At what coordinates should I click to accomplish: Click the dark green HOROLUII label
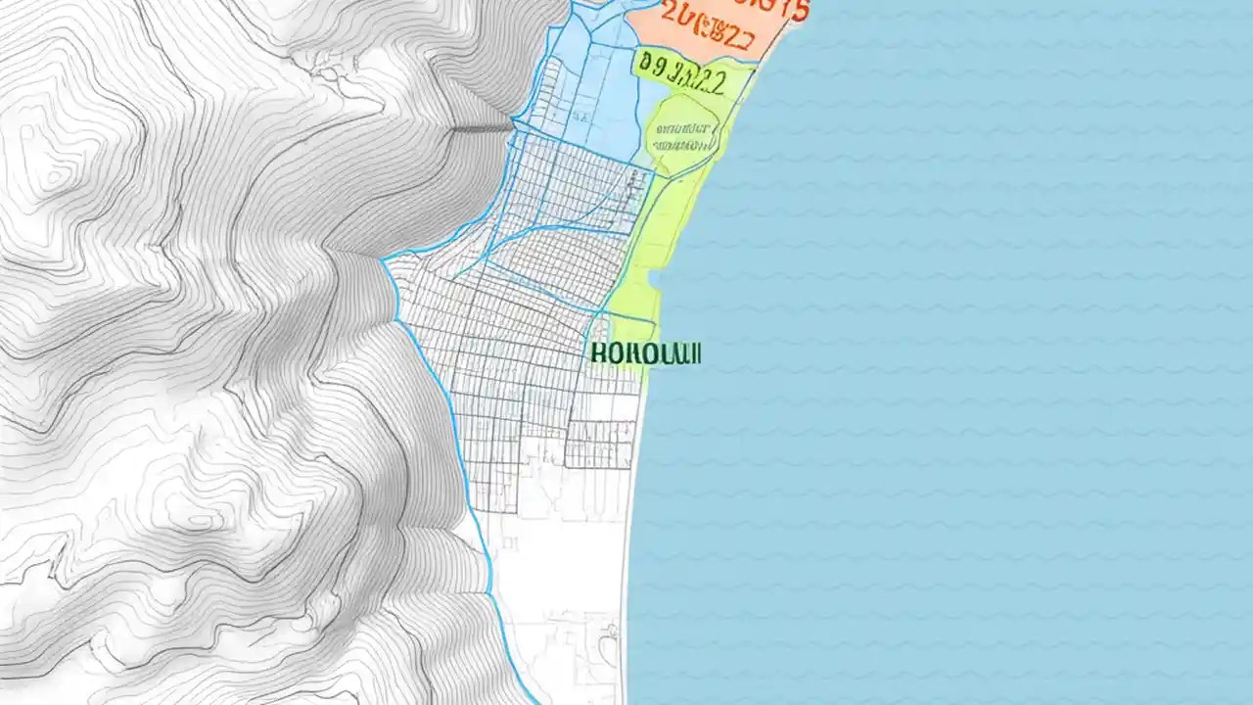(x=646, y=353)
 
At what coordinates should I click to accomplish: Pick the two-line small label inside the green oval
(x=684, y=137)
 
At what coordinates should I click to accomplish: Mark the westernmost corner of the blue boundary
(x=384, y=260)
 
